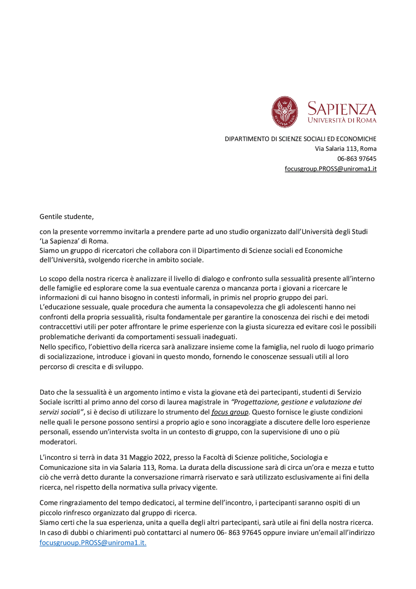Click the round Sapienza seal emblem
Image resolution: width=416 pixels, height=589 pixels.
(285, 112)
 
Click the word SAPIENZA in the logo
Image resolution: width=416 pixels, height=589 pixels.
(342, 109)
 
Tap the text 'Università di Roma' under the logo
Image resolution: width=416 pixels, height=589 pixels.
(342, 120)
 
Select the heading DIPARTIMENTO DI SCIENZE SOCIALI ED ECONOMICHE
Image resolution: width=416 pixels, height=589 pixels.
(300, 139)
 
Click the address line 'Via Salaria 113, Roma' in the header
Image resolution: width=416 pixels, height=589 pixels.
(345, 149)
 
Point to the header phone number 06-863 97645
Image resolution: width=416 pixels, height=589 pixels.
(357, 159)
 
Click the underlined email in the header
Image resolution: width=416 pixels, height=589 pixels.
(331, 169)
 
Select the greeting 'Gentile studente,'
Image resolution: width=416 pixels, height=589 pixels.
(67, 217)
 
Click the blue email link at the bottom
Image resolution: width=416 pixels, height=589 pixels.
(93, 543)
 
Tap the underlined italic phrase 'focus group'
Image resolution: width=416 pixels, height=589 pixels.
(230, 412)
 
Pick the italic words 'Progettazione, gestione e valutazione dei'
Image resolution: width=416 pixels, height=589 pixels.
(297, 402)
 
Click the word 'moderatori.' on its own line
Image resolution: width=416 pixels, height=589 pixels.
(58, 442)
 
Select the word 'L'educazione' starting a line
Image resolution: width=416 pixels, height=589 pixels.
(58, 307)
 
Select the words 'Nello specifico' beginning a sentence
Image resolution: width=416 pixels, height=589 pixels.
(62, 347)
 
